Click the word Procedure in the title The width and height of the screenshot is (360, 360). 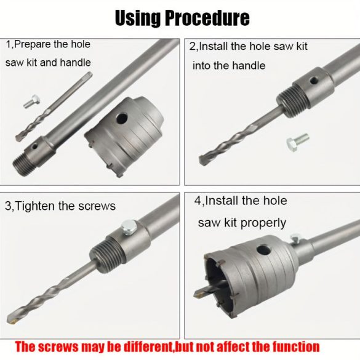[207, 18]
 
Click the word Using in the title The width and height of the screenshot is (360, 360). [138, 18]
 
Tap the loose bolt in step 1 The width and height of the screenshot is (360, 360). [32, 102]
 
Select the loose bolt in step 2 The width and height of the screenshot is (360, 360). [298, 142]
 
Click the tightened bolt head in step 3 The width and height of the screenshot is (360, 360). [129, 227]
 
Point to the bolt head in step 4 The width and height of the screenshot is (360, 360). [295, 238]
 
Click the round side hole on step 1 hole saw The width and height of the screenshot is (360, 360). [122, 118]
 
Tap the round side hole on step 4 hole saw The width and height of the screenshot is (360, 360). [264, 250]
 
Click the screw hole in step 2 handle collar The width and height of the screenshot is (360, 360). [314, 81]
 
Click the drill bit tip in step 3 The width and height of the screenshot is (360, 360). [11, 319]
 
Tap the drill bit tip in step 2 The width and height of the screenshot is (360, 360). [204, 160]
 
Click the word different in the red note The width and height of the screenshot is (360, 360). [148, 347]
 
